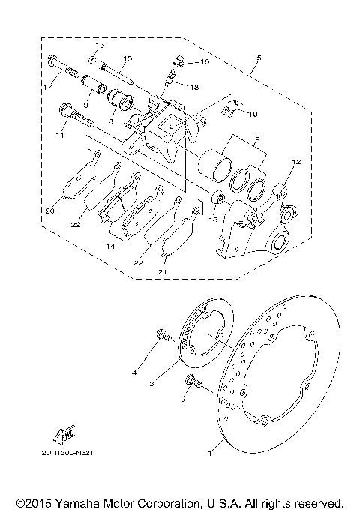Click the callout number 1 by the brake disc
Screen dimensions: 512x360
(210, 454)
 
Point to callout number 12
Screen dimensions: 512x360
(295, 162)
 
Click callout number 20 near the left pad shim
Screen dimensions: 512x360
(49, 211)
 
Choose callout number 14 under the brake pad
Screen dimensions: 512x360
(110, 245)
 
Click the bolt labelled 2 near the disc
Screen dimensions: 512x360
(193, 382)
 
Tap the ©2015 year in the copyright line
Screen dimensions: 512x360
(32, 502)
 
